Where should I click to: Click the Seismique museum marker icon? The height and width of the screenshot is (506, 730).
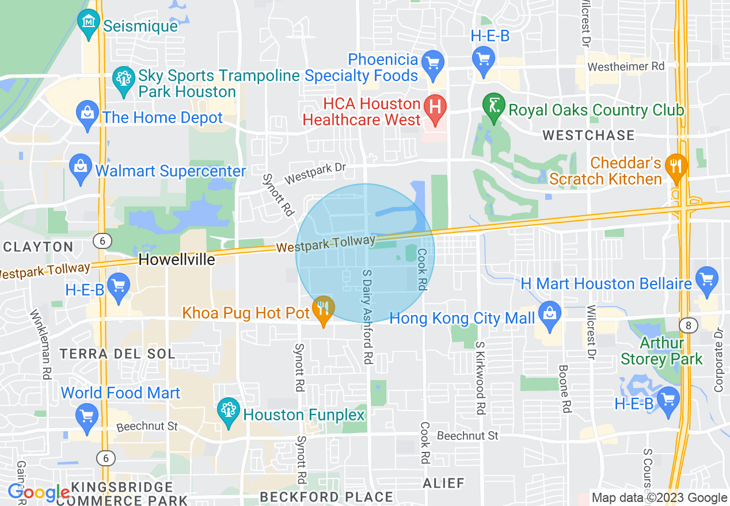point(89,24)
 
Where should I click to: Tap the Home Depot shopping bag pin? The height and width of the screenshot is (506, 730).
point(88,115)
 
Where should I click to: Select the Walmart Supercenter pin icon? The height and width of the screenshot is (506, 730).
point(80,168)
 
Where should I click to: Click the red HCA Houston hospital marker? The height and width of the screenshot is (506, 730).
point(435,108)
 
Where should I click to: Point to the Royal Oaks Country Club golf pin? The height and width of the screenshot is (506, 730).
point(493,107)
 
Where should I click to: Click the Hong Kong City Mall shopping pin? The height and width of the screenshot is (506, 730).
point(550,316)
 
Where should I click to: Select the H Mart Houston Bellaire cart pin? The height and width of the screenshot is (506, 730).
point(707,281)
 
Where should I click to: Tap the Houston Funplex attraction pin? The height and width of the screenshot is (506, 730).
point(229,412)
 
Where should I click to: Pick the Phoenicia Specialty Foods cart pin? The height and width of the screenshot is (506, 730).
point(433,62)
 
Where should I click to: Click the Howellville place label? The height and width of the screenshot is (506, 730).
point(177,259)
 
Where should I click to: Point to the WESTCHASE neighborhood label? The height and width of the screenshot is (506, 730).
point(588,136)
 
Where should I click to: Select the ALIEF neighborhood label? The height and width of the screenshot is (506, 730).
point(443,483)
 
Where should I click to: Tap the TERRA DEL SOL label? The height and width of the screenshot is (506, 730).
point(117,353)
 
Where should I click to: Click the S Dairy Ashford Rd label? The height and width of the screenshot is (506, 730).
point(367,316)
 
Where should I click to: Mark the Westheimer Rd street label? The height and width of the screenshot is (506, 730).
point(626,67)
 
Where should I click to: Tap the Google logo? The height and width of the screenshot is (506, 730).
point(39,492)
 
